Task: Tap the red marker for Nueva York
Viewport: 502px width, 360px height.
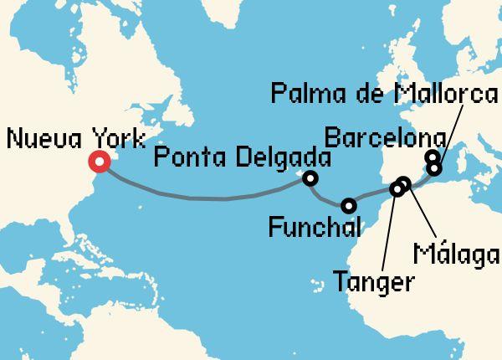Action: coord(99,162)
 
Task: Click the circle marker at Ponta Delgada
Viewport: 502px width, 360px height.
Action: coord(310,177)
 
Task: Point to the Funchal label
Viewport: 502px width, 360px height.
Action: coord(315,226)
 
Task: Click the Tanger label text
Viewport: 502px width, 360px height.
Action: coord(372,280)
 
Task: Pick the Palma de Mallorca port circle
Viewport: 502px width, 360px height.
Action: coord(434,168)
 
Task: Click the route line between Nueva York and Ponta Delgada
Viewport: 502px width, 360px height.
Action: coord(201,198)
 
